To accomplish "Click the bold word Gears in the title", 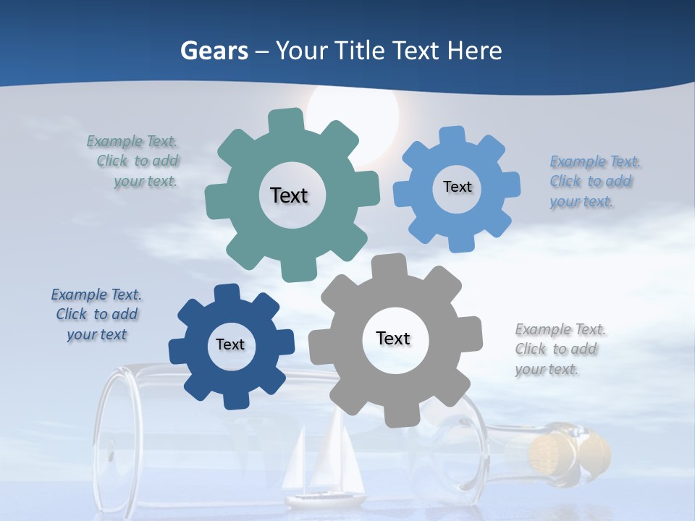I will click(214, 51).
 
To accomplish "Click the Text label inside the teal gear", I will click(289, 195).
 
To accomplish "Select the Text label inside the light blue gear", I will click(457, 187).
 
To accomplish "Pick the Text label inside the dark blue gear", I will click(230, 344).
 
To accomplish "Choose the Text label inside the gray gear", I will click(393, 338).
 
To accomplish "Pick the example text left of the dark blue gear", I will click(96, 315).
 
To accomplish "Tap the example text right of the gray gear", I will click(559, 350).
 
